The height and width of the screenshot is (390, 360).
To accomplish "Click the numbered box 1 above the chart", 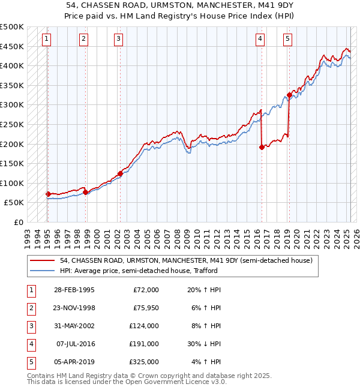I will point(47,39).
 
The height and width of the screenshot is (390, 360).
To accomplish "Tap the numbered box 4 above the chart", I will point(260,39).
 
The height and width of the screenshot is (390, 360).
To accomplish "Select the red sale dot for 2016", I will point(262,147).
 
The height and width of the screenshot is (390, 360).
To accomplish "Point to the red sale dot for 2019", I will point(289,95).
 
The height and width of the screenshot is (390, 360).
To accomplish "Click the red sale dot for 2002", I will point(120,173).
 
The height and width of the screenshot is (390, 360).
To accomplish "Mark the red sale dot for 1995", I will point(48,194).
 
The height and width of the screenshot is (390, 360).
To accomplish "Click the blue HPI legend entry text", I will point(138,271).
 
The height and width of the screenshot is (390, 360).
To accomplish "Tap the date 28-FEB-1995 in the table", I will point(74,290).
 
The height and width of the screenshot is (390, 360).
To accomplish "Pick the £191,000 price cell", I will point(144,345).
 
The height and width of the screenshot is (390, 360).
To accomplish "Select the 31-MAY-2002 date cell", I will point(74,326).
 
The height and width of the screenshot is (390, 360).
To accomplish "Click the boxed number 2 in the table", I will point(30,308).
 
